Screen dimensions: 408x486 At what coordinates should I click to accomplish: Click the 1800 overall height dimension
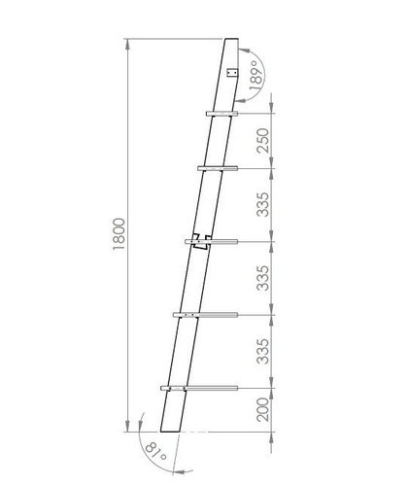119,233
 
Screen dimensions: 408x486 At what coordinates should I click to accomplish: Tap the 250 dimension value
262,141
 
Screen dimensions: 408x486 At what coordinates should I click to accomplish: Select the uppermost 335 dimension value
262,204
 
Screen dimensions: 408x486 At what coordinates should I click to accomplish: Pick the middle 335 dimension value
262,278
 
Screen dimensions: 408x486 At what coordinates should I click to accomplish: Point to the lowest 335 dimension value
262,351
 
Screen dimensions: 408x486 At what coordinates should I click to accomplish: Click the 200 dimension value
262,409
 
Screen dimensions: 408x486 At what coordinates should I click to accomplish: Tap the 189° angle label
255,75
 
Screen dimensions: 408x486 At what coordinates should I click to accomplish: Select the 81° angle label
155,451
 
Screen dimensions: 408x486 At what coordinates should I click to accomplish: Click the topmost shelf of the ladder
221,114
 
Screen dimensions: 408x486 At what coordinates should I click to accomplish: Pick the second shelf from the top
218,168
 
